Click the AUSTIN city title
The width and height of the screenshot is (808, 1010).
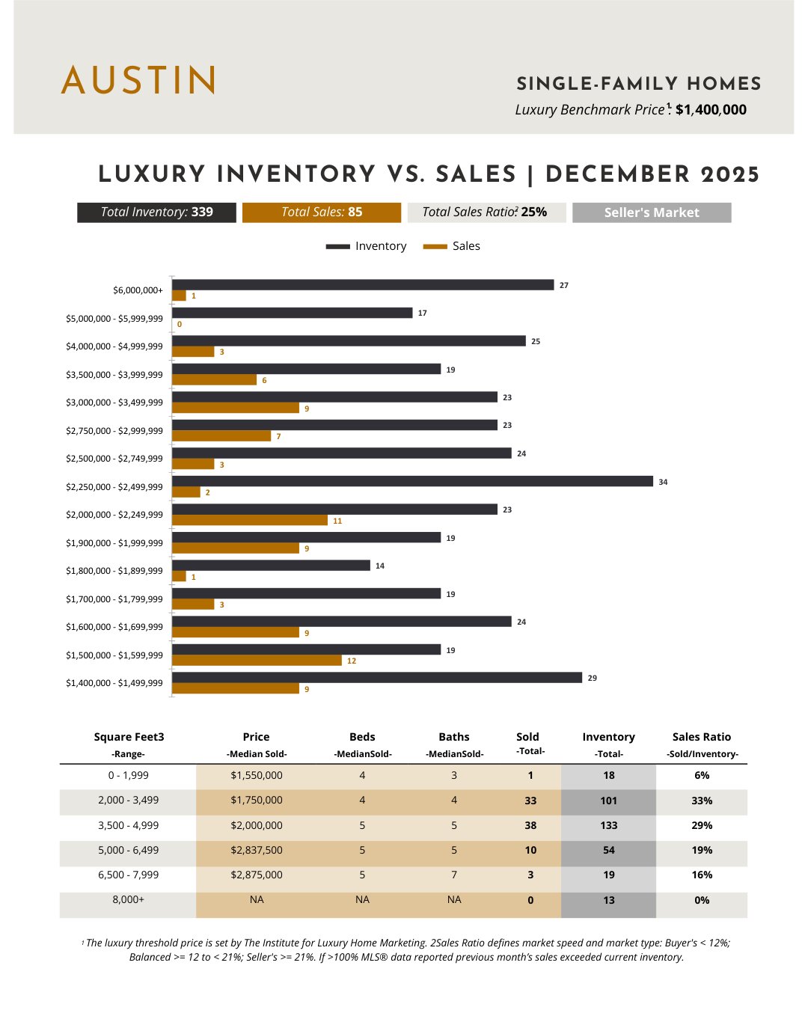(x=138, y=80)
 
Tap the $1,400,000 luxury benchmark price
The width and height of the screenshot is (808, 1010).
(x=710, y=110)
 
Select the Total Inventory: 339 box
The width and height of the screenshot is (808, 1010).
(x=156, y=212)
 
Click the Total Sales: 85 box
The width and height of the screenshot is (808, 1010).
(x=322, y=212)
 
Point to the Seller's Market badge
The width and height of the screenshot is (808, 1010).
(x=652, y=212)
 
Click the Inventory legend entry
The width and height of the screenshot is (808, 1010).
(x=367, y=246)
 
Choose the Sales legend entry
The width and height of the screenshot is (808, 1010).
(x=452, y=246)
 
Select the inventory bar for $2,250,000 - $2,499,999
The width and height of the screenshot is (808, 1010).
(x=412, y=481)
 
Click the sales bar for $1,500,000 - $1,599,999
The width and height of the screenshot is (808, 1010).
(x=257, y=661)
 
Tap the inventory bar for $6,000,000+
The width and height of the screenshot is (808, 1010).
(x=363, y=285)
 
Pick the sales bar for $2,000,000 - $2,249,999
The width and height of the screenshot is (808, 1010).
(x=250, y=520)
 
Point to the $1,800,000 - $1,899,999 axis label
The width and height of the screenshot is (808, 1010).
(x=114, y=571)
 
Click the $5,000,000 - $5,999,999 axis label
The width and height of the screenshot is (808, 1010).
(x=114, y=319)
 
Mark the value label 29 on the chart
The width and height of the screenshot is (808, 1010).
(x=593, y=678)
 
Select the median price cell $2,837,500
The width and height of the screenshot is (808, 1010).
(x=257, y=851)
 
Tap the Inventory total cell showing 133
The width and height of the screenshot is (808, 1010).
(x=609, y=825)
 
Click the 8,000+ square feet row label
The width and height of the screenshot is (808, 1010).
(x=128, y=899)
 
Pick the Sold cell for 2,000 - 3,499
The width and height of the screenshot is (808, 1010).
(x=530, y=801)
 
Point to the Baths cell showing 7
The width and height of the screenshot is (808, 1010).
(x=454, y=875)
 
